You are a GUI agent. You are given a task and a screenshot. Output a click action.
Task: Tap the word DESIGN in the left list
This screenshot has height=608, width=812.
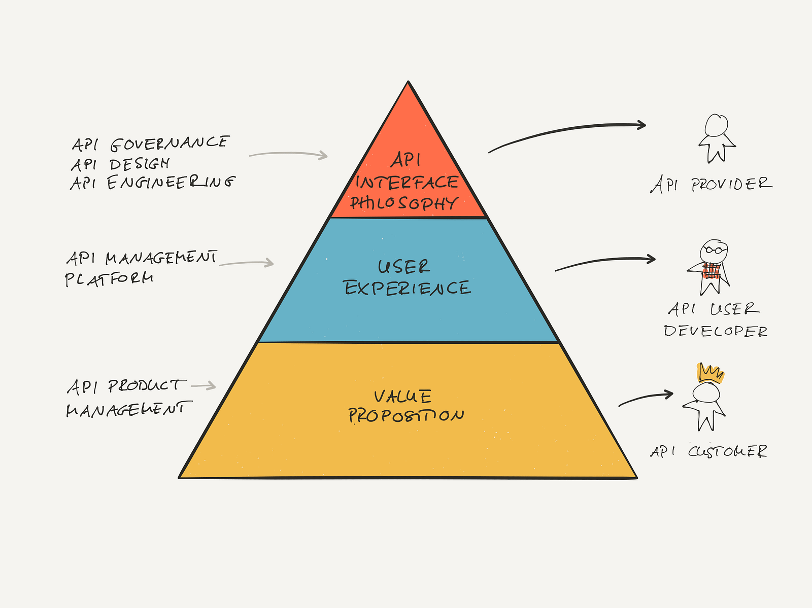(140, 164)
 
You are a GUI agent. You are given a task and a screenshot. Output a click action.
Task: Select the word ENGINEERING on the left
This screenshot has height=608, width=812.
(171, 183)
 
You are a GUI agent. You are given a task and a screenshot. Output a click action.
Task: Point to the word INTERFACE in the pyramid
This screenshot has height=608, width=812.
(407, 183)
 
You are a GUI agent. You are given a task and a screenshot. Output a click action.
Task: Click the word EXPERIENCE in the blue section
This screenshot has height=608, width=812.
(408, 289)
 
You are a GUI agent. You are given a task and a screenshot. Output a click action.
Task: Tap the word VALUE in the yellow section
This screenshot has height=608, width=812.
(402, 397)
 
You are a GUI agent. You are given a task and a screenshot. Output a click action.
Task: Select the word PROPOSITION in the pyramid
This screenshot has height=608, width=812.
(406, 416)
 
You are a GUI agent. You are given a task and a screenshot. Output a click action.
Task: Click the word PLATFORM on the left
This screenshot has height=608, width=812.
(109, 279)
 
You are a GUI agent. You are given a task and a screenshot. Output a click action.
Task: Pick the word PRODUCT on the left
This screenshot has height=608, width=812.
(147, 386)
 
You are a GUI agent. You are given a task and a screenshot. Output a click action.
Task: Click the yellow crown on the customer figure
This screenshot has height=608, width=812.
(710, 373)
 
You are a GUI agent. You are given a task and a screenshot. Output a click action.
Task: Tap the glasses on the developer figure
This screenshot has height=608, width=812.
(714, 250)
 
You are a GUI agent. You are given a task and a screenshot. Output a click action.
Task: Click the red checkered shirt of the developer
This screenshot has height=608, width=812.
(711, 271)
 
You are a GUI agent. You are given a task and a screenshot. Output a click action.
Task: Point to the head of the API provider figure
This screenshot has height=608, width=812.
(716, 125)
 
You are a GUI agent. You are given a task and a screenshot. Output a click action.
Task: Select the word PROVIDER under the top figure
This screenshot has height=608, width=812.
(732, 184)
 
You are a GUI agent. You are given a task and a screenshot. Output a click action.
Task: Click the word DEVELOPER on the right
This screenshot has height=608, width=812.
(716, 331)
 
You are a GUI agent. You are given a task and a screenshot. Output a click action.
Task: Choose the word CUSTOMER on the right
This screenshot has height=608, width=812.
(727, 451)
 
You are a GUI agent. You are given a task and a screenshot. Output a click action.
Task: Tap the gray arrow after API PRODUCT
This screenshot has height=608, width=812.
(203, 386)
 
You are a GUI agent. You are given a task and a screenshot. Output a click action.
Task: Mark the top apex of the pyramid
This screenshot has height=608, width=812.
(408, 81)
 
